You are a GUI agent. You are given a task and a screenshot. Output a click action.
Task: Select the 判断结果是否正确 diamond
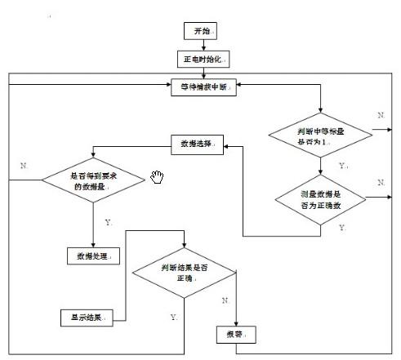[186, 273]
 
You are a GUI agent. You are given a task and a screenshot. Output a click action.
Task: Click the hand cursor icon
[158, 177]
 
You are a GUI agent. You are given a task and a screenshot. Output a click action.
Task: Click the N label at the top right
[381, 116]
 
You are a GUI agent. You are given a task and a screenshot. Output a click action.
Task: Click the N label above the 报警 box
[223, 300]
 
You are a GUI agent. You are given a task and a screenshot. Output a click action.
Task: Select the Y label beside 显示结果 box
[174, 316]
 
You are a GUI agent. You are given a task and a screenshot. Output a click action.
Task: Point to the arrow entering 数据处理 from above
[94, 237]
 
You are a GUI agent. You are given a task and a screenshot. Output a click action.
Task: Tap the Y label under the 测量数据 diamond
[341, 229]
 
